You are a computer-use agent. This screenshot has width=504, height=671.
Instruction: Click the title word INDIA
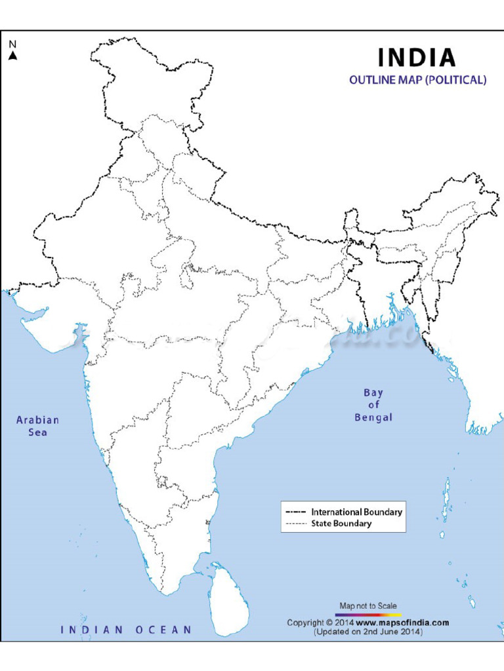416,58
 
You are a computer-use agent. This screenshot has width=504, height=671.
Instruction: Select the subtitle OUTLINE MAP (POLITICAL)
417,81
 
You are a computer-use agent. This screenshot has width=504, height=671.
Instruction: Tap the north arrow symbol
12,56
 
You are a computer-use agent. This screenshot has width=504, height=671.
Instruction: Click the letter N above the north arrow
12,45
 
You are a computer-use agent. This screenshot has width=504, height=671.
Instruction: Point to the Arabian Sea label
37,426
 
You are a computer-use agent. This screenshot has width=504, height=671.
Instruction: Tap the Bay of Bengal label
373,405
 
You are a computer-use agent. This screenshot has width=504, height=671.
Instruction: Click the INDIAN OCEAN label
127,630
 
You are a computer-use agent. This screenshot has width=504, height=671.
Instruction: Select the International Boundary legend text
357,512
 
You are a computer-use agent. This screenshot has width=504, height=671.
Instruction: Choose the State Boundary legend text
341,524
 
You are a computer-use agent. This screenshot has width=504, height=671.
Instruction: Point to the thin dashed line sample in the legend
296,524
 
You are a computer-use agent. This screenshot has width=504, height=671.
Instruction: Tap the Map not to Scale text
367,605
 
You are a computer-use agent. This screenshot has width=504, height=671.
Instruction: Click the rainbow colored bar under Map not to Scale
367,615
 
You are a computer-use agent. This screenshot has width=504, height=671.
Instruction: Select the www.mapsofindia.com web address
402,623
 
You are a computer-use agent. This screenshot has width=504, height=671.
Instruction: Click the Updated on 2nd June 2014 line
367,632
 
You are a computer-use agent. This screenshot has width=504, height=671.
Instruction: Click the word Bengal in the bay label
373,417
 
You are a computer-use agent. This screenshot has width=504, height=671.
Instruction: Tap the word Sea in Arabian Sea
37,432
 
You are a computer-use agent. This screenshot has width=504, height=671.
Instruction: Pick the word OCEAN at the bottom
164,630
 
